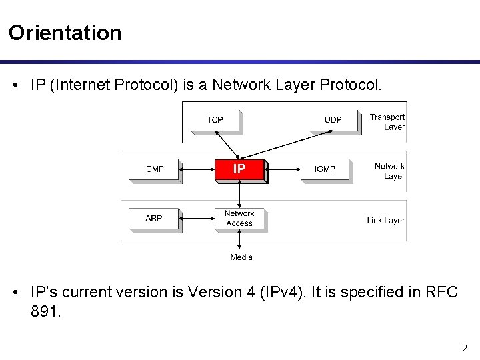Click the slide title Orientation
(65, 33)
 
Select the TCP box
(215, 120)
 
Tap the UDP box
(333, 120)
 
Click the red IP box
(239, 169)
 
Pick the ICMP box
(154, 169)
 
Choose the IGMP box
(325, 169)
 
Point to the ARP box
(154, 218)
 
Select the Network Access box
(239, 218)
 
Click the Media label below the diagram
(241, 257)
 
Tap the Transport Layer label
(387, 122)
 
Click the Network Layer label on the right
(389, 171)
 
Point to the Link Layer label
(385, 220)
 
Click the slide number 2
(465, 347)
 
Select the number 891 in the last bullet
(45, 311)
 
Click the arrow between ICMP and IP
(198, 170)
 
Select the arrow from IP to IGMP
(286, 170)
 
